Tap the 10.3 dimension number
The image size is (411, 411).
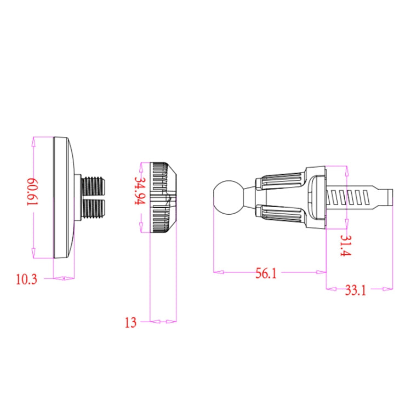click(x=26, y=279)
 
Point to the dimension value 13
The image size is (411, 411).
click(x=130, y=322)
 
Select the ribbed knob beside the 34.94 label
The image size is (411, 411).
click(x=163, y=198)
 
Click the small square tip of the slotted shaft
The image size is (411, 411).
click(x=389, y=196)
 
